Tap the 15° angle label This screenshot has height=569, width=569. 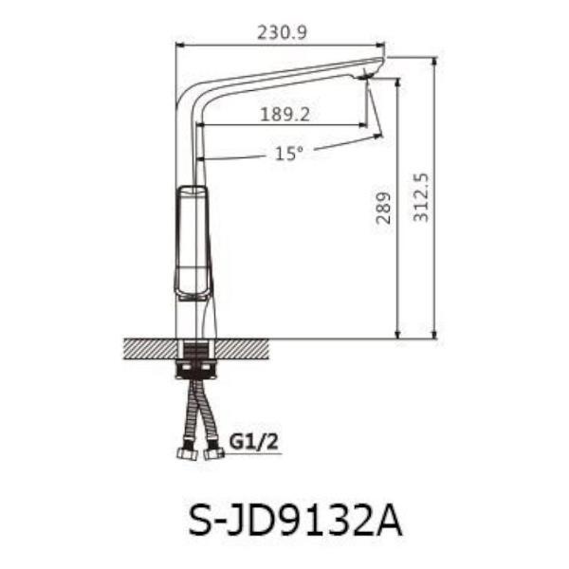coord(288,153)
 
